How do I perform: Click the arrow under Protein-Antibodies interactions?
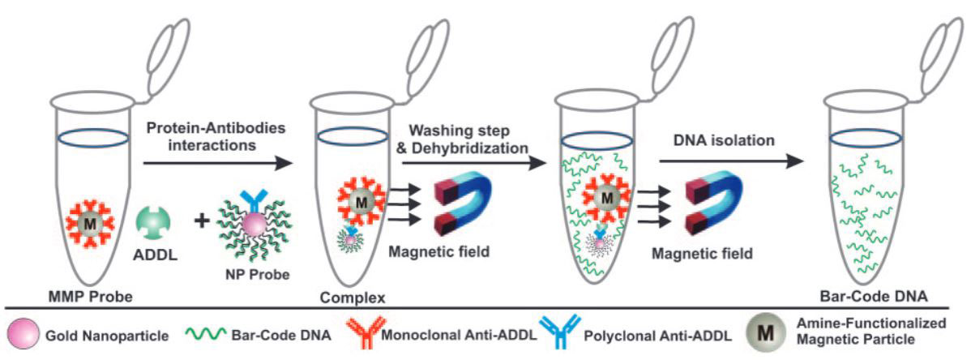[x=217, y=163]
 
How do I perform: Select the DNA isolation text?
[x=724, y=141]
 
